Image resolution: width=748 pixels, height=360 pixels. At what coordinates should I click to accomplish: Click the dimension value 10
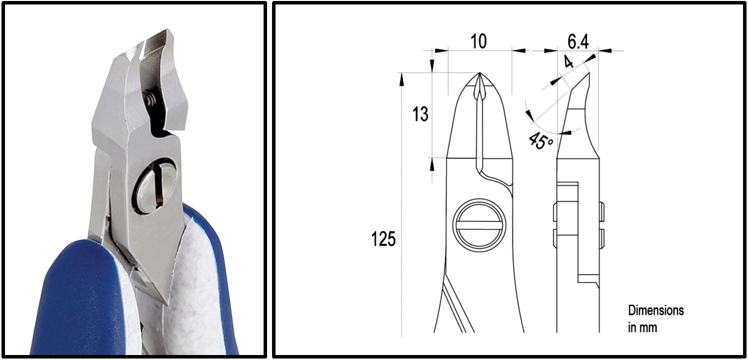478,41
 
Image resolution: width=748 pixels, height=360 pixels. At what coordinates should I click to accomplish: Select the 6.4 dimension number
578,41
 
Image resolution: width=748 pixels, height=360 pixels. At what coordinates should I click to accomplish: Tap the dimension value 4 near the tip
568,62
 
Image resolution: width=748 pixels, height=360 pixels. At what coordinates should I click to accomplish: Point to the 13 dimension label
420,114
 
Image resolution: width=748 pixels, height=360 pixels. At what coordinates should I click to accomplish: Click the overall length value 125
383,239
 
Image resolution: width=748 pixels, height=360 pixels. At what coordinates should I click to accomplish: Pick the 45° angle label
540,141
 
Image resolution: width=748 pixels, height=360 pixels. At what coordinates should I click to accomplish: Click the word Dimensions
656,311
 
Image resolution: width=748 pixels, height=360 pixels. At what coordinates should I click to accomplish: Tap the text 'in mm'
643,328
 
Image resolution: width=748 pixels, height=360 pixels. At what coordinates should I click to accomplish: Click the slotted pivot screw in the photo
155,189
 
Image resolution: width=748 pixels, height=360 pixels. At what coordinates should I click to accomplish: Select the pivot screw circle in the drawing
479,225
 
